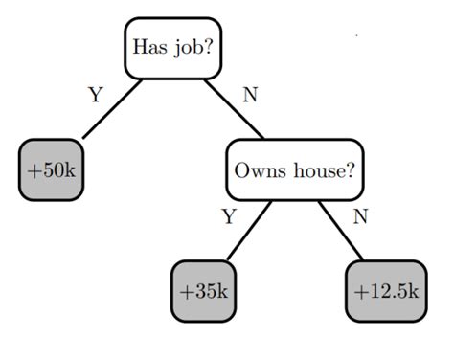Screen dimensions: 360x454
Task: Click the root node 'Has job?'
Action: point(172,47)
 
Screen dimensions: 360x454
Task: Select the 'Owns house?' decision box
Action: point(295,170)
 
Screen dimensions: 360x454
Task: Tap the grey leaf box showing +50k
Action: point(52,170)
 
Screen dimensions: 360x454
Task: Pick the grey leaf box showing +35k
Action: point(205,290)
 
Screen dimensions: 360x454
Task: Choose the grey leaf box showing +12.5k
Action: point(385,290)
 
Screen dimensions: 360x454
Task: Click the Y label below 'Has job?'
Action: point(95,95)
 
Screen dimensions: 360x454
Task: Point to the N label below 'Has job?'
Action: point(250,95)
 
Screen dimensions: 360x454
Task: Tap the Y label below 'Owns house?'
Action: point(228,216)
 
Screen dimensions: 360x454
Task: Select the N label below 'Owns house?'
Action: point(360,216)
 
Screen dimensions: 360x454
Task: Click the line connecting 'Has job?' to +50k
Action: point(113,108)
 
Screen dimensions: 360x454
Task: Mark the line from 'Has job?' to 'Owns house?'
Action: point(235,110)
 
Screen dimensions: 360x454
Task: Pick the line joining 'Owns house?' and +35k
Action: point(248,230)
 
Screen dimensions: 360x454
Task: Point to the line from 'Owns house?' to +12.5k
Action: point(341,230)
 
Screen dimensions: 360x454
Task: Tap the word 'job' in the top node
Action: point(186,48)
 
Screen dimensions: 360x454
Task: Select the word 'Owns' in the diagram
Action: point(257,170)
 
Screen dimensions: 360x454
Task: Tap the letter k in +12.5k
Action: point(413,290)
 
